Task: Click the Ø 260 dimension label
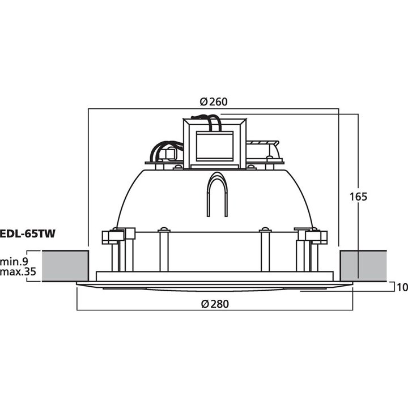tap(214, 102)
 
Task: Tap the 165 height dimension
tap(359, 197)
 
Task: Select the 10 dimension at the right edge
tap(402, 287)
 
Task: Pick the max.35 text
tap(18, 273)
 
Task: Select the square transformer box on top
tap(214, 144)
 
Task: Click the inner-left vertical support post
tap(164, 249)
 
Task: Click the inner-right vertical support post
tap(263, 249)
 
